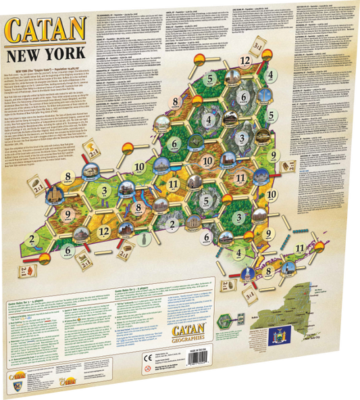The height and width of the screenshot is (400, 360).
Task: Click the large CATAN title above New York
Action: tap(45, 30)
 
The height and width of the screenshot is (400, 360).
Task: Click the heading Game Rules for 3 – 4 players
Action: tap(33, 306)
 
